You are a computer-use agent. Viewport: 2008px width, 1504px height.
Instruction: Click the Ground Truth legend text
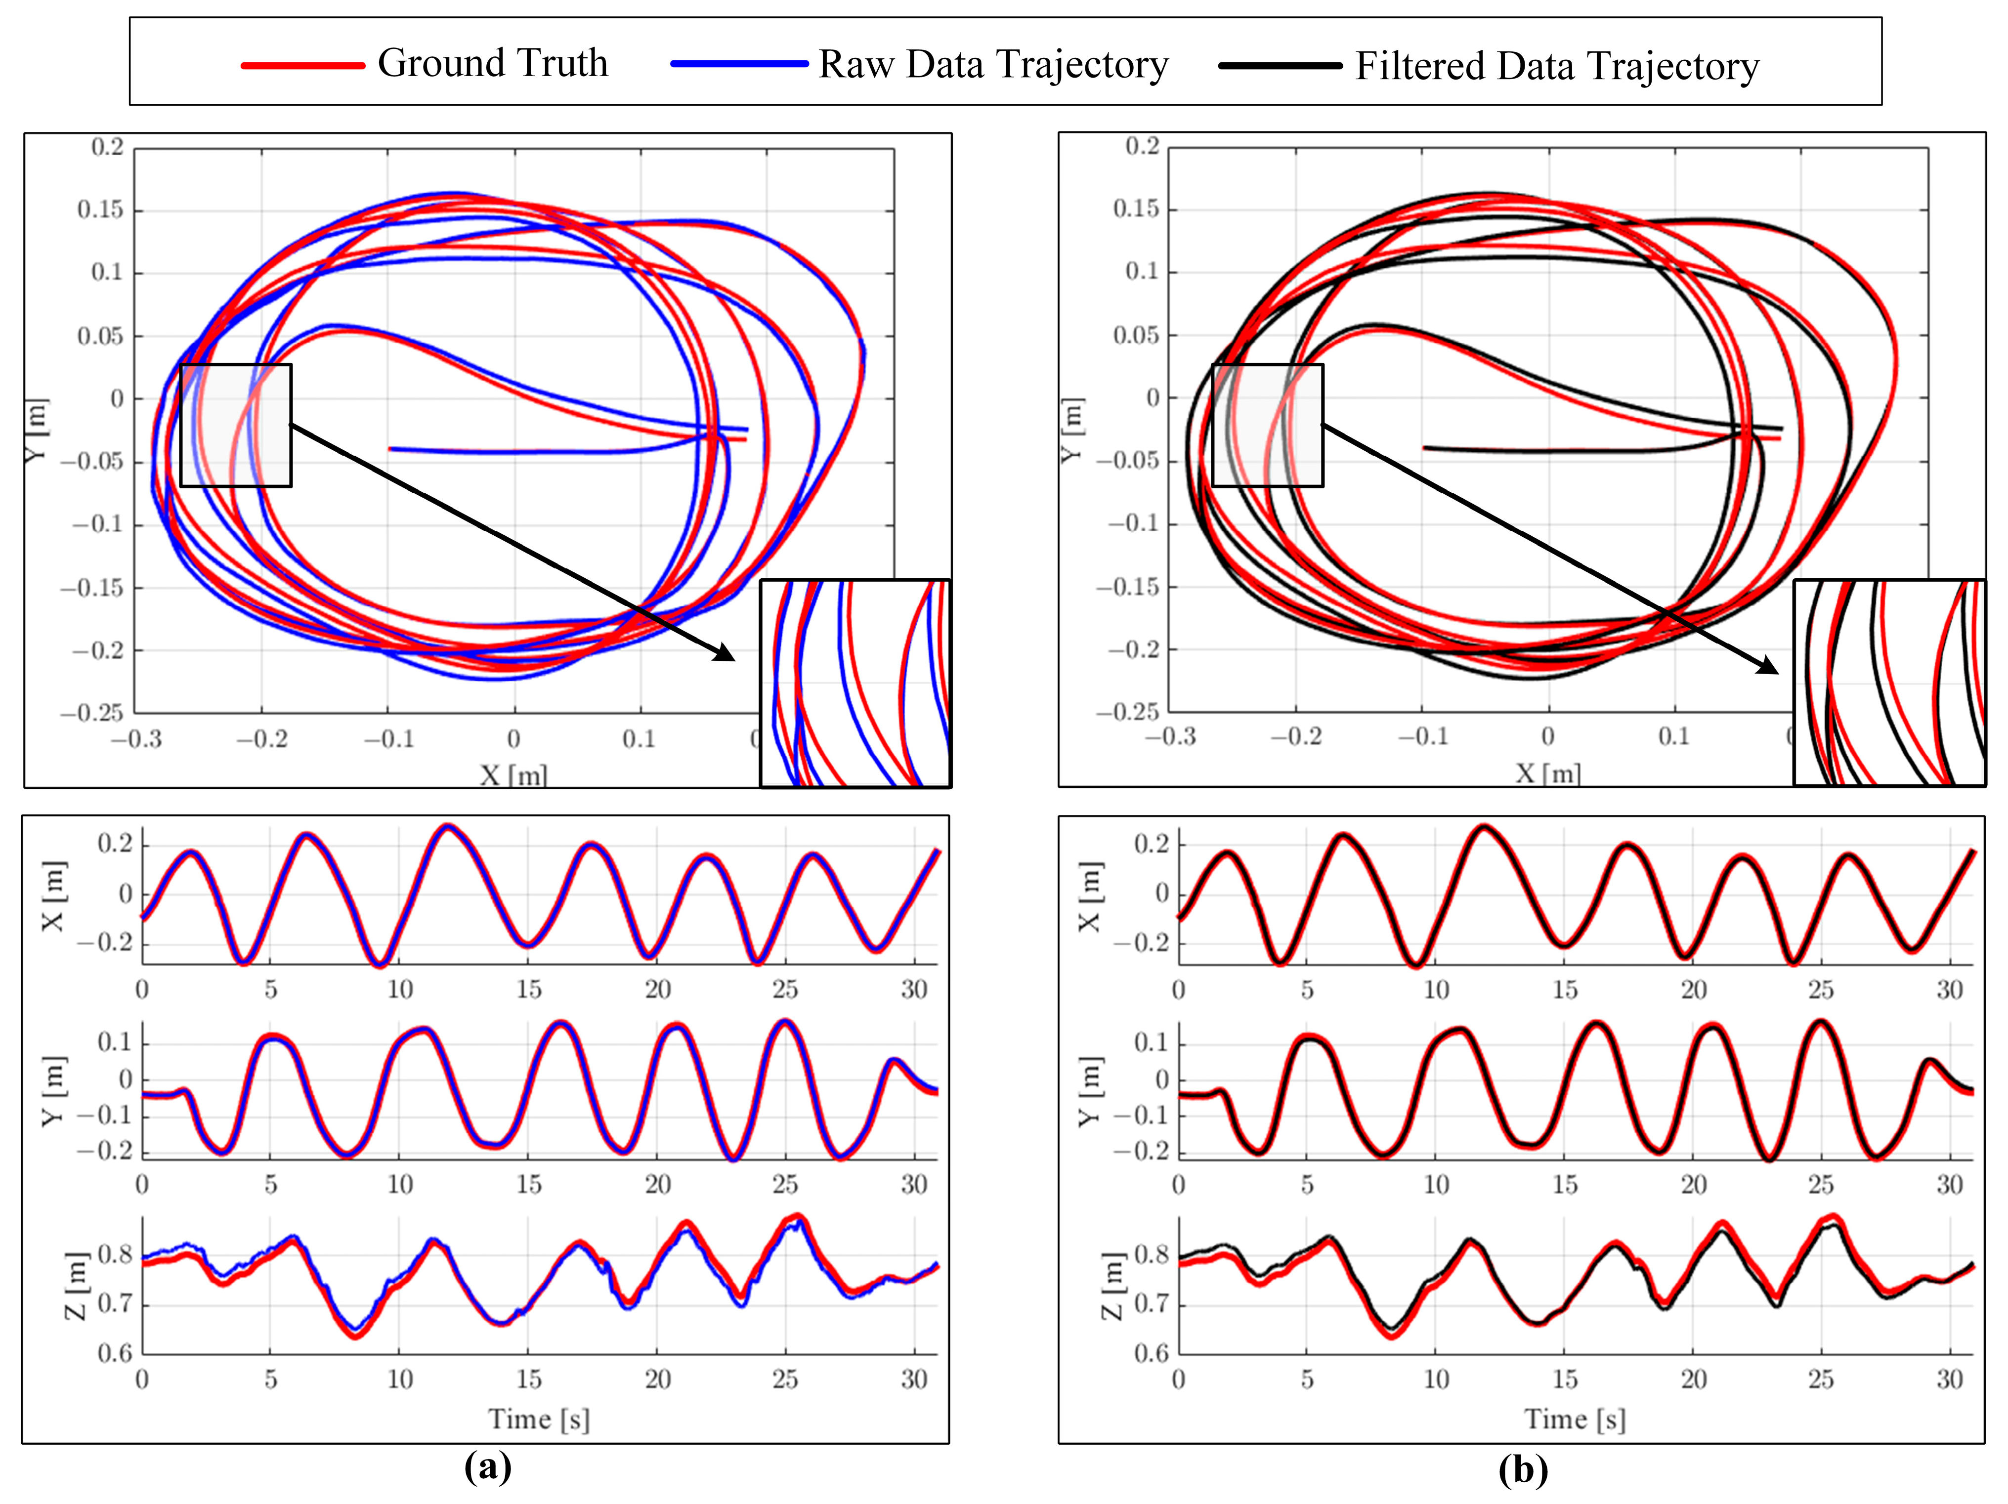pos(492,64)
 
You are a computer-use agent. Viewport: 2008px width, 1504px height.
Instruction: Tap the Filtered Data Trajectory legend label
pos(1557,66)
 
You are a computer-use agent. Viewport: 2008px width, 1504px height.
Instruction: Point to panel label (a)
pos(487,1467)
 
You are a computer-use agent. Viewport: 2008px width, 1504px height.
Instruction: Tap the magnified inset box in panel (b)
pos(1889,683)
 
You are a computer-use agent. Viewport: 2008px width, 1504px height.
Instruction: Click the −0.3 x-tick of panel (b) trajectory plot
pos(1171,736)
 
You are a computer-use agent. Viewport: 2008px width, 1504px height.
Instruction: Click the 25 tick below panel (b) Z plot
pos(1821,1379)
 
